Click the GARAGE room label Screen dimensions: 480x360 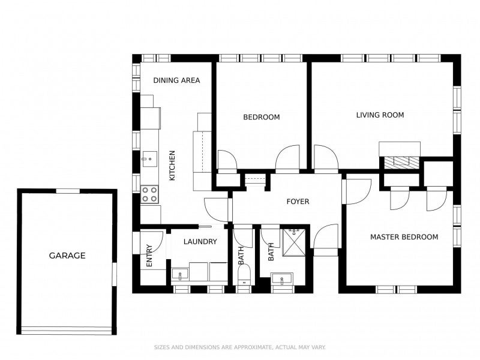click(x=67, y=256)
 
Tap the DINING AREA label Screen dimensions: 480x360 click(x=176, y=80)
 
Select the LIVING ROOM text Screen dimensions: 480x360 click(x=380, y=115)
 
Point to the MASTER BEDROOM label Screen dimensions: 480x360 click(x=404, y=236)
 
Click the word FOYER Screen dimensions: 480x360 click(x=298, y=202)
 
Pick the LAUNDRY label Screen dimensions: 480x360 click(x=200, y=242)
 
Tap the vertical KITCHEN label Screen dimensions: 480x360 click(x=172, y=166)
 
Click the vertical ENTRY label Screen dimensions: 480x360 click(x=149, y=256)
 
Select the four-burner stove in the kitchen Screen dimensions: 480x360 click(x=149, y=194)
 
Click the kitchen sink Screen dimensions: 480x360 click(x=149, y=159)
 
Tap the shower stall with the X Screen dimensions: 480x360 click(x=293, y=242)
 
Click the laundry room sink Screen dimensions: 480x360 click(x=180, y=274)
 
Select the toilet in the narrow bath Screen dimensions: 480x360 click(x=244, y=275)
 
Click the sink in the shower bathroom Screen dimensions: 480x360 click(x=282, y=278)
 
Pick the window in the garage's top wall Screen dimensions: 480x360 click(x=68, y=191)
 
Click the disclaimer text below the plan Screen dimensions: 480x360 click(x=239, y=347)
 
